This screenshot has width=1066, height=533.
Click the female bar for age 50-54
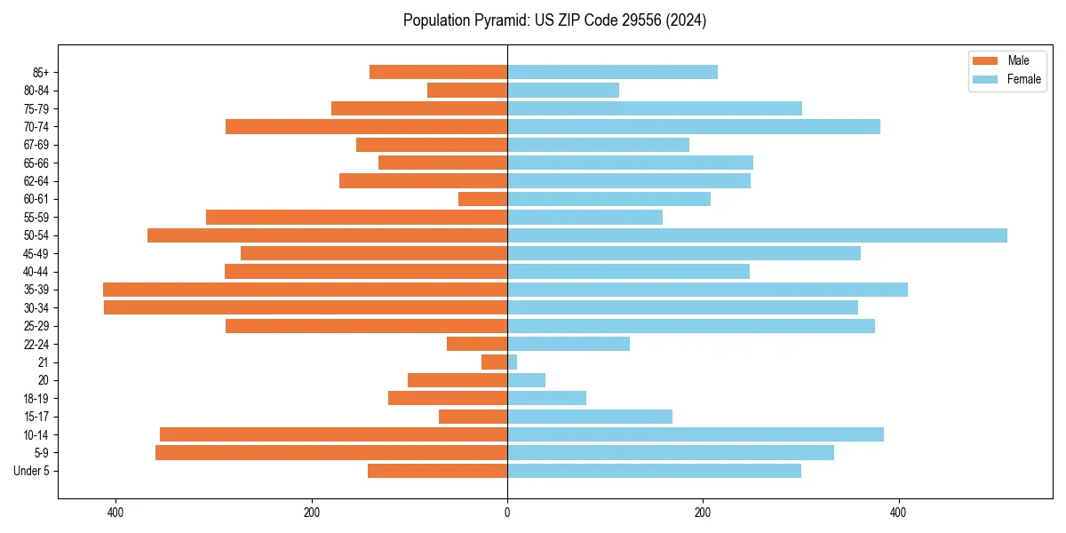(757, 235)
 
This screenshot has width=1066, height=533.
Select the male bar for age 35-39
(305, 290)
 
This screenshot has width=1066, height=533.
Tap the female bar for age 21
(513, 362)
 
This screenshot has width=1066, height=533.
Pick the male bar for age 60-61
(483, 199)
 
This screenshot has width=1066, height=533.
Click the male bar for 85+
(439, 72)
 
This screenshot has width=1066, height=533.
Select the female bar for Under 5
(654, 471)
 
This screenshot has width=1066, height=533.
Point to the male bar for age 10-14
(333, 434)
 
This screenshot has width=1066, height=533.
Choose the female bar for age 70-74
(694, 127)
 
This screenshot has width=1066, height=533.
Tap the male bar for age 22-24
(477, 344)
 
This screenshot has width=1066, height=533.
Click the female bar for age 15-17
(590, 417)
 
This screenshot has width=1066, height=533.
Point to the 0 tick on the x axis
(507, 513)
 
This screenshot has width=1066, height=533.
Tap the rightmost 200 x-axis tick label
(703, 513)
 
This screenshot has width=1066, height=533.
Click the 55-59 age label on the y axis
(36, 218)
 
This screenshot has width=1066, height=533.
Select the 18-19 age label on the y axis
(36, 399)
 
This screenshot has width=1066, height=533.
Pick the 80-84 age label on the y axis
(36, 91)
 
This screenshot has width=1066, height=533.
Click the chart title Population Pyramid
(554, 20)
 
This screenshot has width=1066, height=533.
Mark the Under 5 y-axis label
(32, 471)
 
